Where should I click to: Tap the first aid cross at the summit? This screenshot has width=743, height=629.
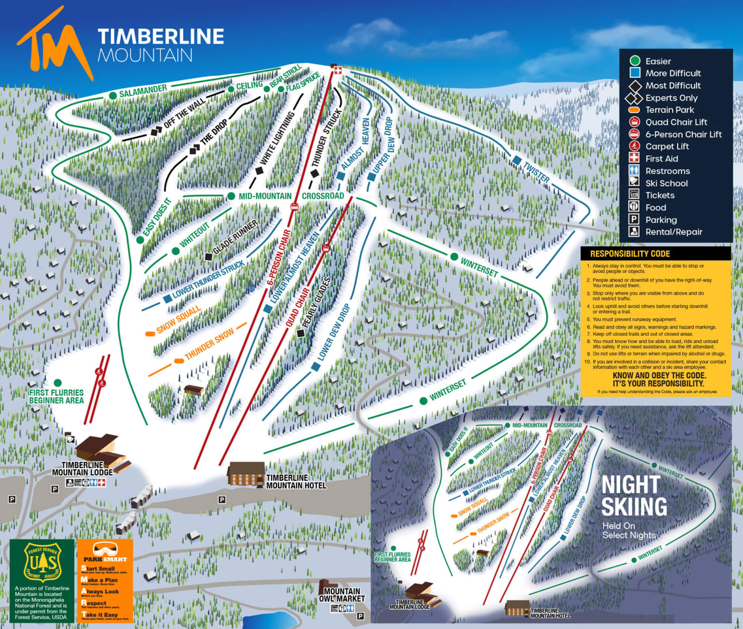tap(338, 70)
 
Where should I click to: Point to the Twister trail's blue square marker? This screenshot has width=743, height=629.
tap(516, 160)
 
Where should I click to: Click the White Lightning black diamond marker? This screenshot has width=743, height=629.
tap(259, 171)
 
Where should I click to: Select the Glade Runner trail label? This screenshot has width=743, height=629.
tap(235, 237)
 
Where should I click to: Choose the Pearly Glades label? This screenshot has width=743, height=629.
tap(316, 302)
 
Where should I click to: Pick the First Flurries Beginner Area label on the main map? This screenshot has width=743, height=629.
tap(56, 396)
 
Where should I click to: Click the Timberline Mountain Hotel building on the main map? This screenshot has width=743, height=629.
tap(246, 474)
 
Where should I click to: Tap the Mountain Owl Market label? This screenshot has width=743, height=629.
tap(342, 594)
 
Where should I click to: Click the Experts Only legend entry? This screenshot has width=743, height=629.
tap(671, 98)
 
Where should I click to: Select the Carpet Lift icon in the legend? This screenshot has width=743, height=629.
tap(634, 146)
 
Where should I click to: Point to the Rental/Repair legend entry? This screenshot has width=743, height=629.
tap(674, 232)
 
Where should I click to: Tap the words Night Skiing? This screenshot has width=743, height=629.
tap(634, 496)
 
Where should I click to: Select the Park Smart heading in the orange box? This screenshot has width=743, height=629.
tap(105, 559)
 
